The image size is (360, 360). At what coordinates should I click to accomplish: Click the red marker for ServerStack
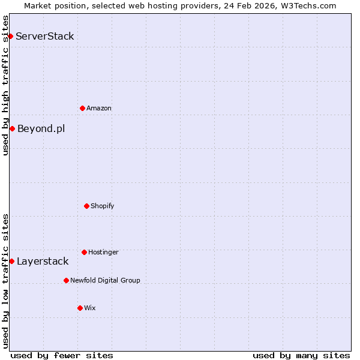coord(10,36)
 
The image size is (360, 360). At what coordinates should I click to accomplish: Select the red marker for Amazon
coord(82,108)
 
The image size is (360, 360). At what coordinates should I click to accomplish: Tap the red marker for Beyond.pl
coord(12,128)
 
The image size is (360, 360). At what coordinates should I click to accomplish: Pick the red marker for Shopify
coord(86,206)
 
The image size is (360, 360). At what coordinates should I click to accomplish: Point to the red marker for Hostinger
coord(84,252)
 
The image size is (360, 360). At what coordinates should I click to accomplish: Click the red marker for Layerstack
coord(11,261)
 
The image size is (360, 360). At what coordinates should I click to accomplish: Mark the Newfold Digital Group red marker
coord(66,280)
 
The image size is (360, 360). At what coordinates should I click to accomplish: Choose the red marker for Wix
coord(80,308)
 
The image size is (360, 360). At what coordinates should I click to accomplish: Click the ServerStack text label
coord(45,36)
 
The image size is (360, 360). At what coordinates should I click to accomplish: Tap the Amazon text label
coord(99,108)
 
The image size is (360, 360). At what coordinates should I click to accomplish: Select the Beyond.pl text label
coord(41,128)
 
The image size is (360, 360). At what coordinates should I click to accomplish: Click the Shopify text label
coord(103,206)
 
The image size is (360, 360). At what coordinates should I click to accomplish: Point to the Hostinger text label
coord(103,252)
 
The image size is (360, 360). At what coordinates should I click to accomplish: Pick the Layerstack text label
coord(43,261)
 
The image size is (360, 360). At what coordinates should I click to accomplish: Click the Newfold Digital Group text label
coord(105,280)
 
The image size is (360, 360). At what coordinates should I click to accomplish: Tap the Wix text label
coord(90,308)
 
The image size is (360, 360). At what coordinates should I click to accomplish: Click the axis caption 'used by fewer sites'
coord(62,355)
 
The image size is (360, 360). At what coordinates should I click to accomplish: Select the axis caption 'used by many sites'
coord(301,355)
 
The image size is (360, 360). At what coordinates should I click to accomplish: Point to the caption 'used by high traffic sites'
coord(5,85)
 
